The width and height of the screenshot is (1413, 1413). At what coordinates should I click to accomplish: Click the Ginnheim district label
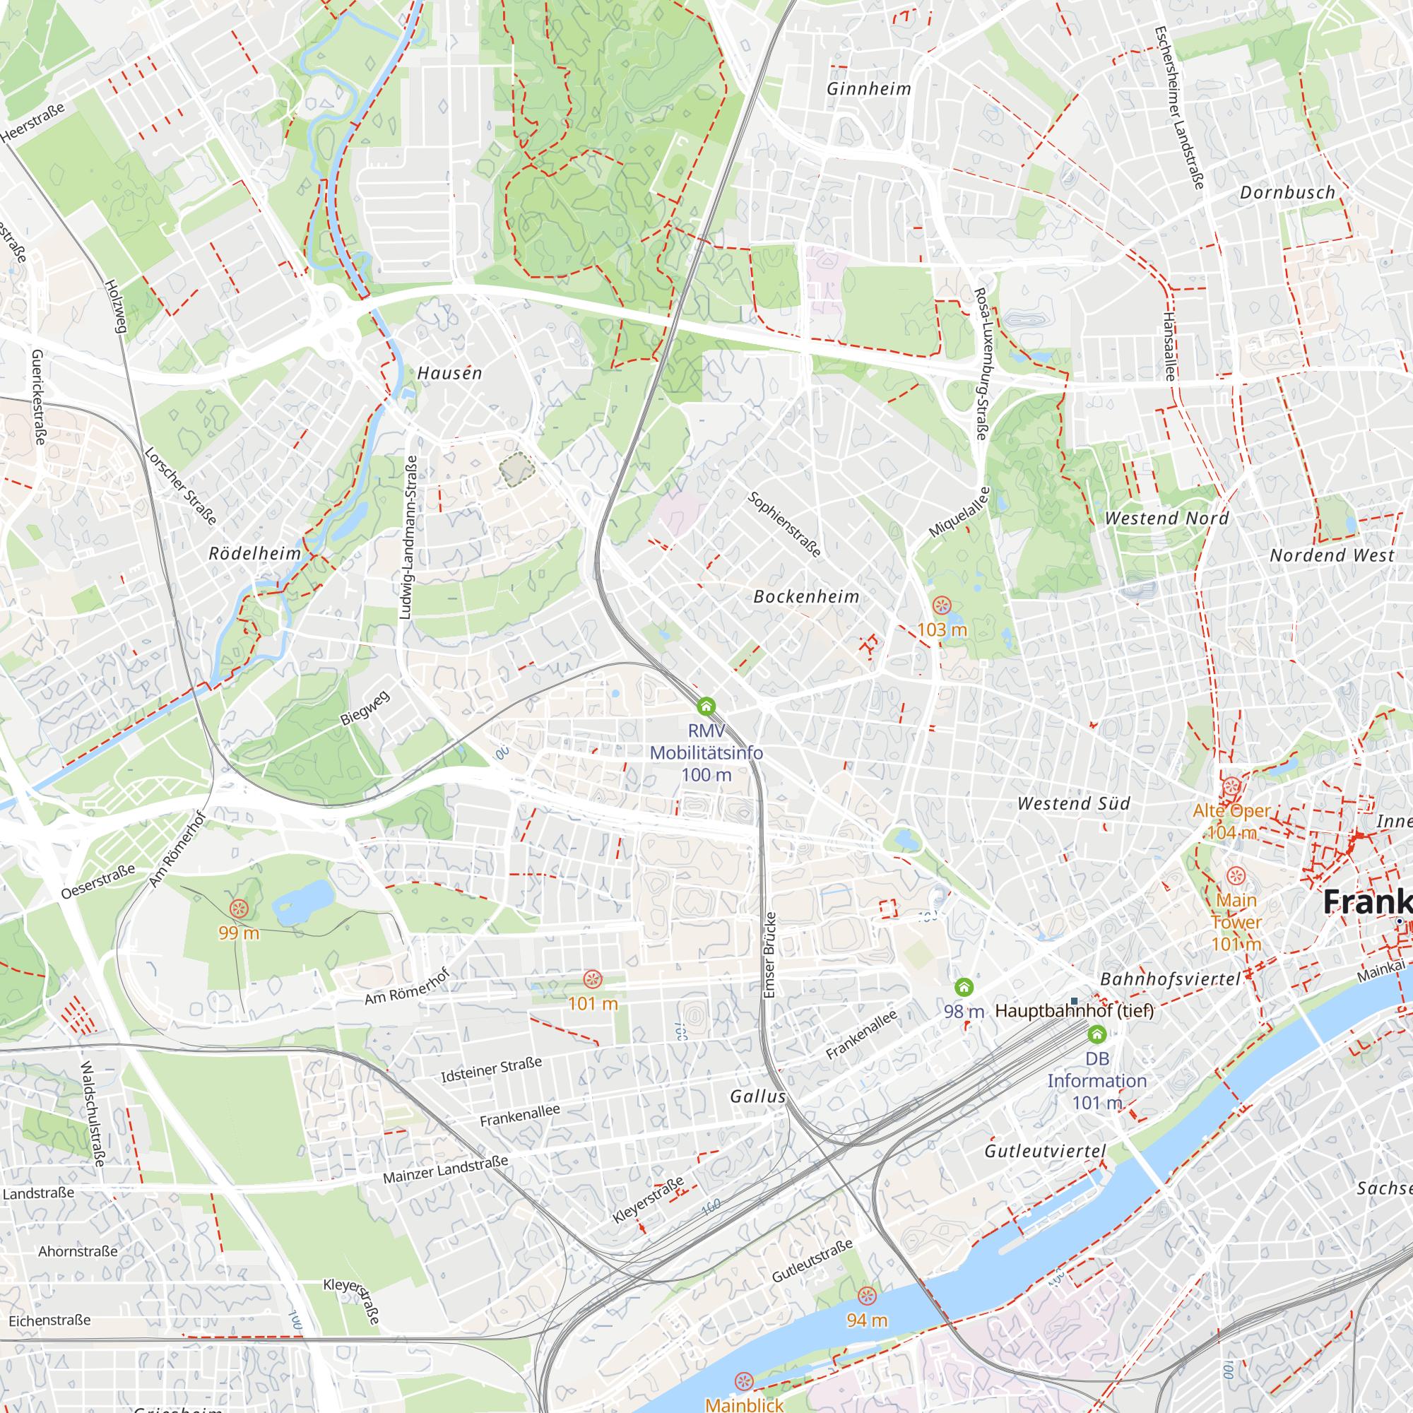point(869,89)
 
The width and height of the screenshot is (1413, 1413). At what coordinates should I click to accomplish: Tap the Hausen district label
point(450,374)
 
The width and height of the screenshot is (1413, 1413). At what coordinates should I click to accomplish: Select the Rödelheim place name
point(255,554)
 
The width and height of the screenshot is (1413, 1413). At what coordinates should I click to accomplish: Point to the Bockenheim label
point(806,597)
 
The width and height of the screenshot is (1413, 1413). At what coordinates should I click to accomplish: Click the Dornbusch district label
point(1287,193)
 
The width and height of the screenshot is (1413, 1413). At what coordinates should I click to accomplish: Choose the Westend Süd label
point(1074,804)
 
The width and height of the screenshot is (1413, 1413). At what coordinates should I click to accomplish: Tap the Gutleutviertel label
point(1045,1151)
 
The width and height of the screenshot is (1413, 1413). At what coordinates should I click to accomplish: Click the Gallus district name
point(757,1096)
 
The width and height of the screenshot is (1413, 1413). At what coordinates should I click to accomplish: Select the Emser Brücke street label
point(769,954)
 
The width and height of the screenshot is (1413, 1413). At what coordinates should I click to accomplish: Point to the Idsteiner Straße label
point(492,1069)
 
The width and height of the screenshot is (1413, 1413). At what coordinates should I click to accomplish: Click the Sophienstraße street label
point(785,524)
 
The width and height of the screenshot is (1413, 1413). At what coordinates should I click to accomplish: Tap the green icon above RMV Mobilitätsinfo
point(706,706)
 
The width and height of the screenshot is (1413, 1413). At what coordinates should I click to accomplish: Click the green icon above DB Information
point(1096,1034)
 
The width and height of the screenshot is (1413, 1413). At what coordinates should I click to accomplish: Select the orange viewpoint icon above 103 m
point(941,605)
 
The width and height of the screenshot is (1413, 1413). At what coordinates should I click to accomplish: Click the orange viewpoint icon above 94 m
point(867,1296)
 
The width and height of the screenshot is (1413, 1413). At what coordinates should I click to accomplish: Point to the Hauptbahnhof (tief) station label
point(1075,1012)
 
